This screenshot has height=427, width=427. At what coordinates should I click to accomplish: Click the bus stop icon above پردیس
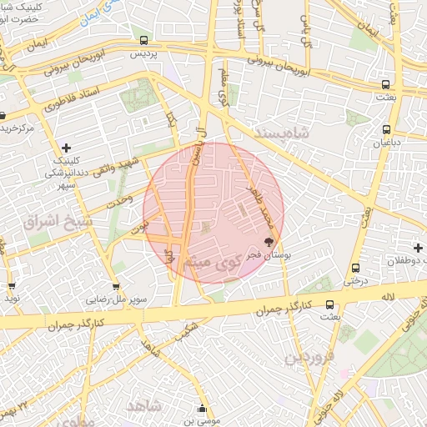point(144,40)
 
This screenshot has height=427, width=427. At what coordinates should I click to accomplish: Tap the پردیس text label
point(144,53)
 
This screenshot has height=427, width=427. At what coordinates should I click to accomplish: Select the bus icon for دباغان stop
point(386,129)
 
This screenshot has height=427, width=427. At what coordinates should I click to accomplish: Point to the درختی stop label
point(357,280)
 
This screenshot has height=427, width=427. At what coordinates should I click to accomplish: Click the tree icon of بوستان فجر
point(269,243)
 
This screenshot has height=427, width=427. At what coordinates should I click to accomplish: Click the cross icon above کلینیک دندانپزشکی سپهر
point(66,148)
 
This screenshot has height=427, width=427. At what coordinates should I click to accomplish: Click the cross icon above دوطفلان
point(418,248)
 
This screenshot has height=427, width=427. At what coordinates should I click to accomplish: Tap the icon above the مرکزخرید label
point(3,116)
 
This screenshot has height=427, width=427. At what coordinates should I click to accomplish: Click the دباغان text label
point(386,142)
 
